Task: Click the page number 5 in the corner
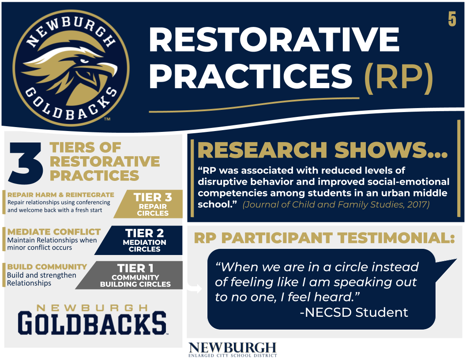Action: [x=452, y=19]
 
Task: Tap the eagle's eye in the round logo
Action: [x=84, y=61]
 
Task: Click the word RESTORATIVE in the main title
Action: [x=274, y=40]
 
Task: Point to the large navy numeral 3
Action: [x=25, y=162]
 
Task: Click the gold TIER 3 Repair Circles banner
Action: [x=149, y=204]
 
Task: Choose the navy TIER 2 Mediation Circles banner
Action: [x=139, y=240]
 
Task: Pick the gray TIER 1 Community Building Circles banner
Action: [x=129, y=275]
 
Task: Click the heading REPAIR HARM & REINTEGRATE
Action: [x=60, y=195]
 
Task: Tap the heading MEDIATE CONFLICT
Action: [x=54, y=232]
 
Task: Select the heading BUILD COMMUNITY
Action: [x=47, y=267]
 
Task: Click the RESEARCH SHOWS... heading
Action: [x=323, y=150]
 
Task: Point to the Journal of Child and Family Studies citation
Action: [x=336, y=205]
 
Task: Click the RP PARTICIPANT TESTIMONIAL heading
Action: [x=324, y=238]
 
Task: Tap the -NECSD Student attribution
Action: [x=354, y=312]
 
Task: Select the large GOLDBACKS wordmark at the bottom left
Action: [x=92, y=323]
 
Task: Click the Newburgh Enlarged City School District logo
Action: [x=233, y=349]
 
